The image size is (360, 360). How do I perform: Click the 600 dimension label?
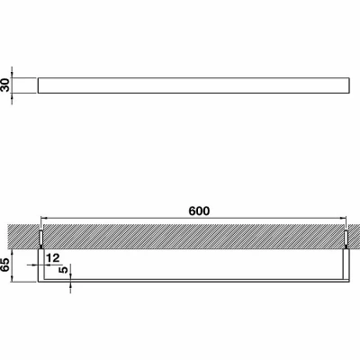point(199,211)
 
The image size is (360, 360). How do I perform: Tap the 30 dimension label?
point(5,85)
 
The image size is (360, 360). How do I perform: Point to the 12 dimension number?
point(53,257)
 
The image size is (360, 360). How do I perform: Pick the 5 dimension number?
point(64,270)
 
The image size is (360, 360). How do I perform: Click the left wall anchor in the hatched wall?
point(41,238)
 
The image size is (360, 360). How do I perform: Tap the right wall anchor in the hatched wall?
point(346,238)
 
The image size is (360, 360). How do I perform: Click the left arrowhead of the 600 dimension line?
point(43,218)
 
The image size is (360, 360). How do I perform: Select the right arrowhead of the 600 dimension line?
point(344,218)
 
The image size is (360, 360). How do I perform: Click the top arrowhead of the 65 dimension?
point(12,251)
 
